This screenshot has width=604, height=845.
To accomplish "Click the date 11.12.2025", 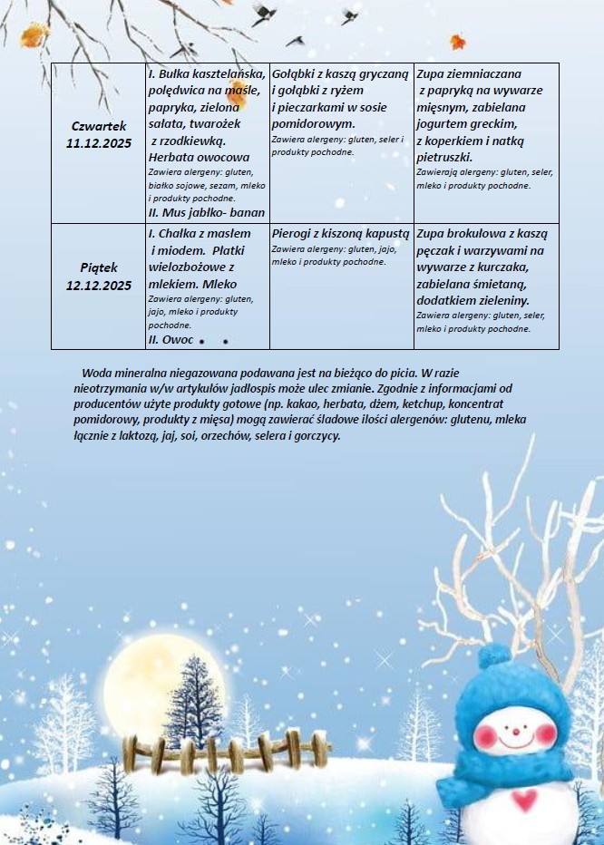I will tap(99, 143).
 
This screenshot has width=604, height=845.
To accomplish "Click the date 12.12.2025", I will tap(99, 286).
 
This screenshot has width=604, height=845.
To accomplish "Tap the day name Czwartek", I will tap(99, 126).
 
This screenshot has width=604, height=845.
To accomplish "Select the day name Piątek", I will tap(99, 268).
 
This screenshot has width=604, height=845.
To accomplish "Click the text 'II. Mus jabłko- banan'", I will tap(206, 212).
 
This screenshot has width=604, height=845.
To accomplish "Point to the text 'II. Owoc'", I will tap(170, 339).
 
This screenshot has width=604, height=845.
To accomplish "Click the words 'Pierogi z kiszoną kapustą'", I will tap(341, 233).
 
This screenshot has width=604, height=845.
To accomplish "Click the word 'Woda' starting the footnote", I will tap(95, 373).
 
